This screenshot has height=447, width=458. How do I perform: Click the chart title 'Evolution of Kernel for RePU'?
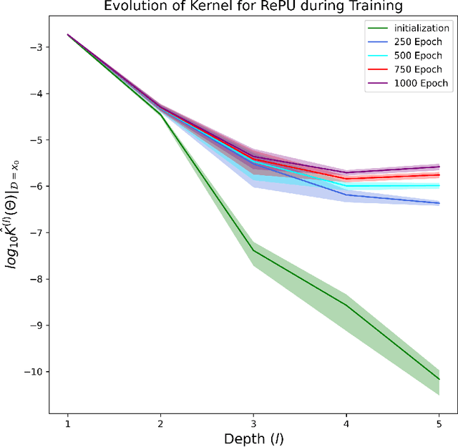coord(253,6)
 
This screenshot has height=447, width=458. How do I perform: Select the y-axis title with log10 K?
coord(14,215)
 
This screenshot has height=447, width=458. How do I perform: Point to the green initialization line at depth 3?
coord(253,250)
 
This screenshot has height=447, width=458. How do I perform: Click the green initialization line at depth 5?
coord(438,378)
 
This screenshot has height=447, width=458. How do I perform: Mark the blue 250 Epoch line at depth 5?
coord(438,203)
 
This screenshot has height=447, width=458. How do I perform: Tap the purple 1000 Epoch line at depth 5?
coord(438,166)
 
